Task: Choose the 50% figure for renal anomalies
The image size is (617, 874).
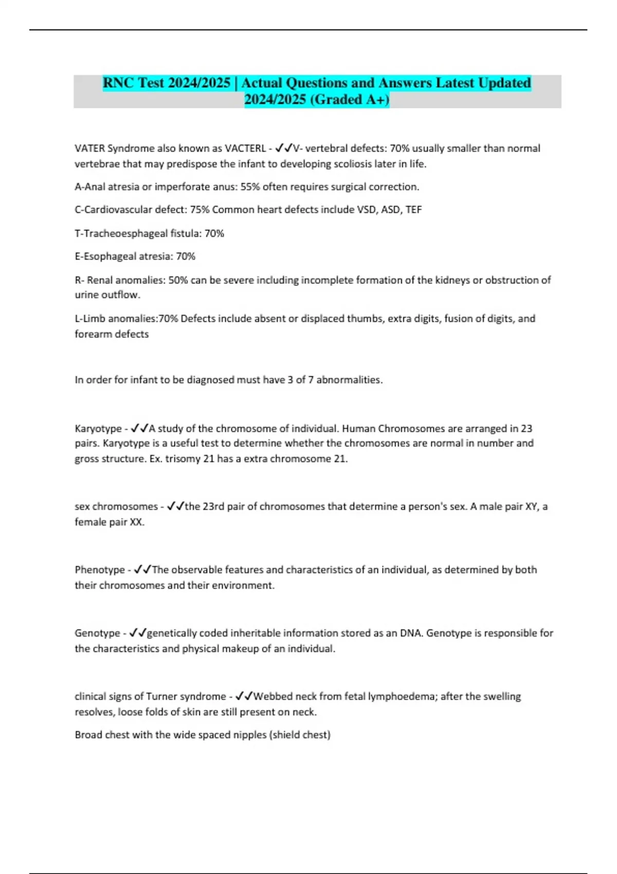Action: pos(178,280)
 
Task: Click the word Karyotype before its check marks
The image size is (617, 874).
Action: pos(98,428)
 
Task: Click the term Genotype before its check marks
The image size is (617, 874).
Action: pos(97,633)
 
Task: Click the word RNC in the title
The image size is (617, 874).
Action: pos(118,83)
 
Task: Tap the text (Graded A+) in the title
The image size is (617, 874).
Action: pos(350,99)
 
